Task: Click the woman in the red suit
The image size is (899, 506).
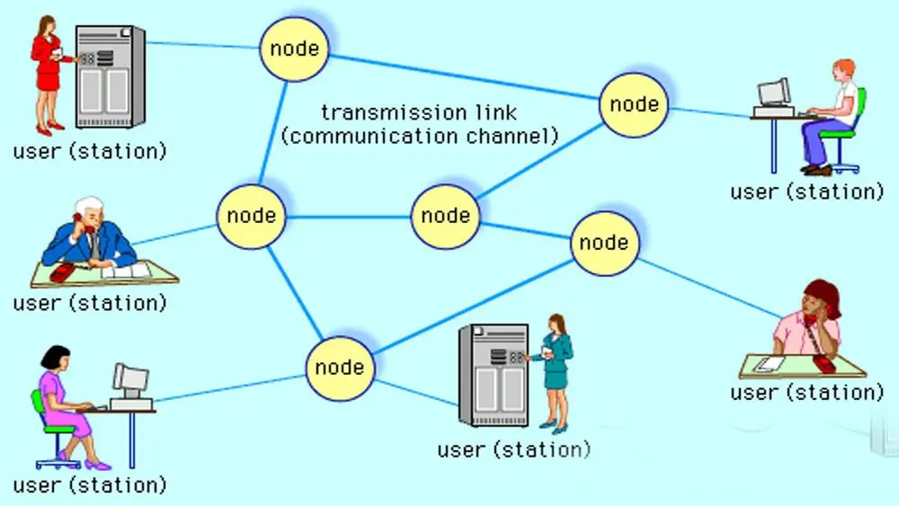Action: pos(47,72)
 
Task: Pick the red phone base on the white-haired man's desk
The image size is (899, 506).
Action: pos(63,272)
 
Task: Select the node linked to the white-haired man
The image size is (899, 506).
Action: pos(251,216)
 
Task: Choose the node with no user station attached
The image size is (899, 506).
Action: pos(446,216)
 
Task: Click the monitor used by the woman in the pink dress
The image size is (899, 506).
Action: pos(130,381)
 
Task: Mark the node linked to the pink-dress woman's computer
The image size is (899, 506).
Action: pos(339,367)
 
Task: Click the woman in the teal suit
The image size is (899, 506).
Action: pos(557,368)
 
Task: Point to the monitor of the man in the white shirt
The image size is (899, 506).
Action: pos(772,93)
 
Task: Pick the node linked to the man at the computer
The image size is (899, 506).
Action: pos(635,104)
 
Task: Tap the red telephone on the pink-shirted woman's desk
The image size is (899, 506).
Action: pos(823,361)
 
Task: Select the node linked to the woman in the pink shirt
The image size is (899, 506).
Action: pos(604,243)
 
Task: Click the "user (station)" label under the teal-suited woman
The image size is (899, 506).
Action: pos(513,448)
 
